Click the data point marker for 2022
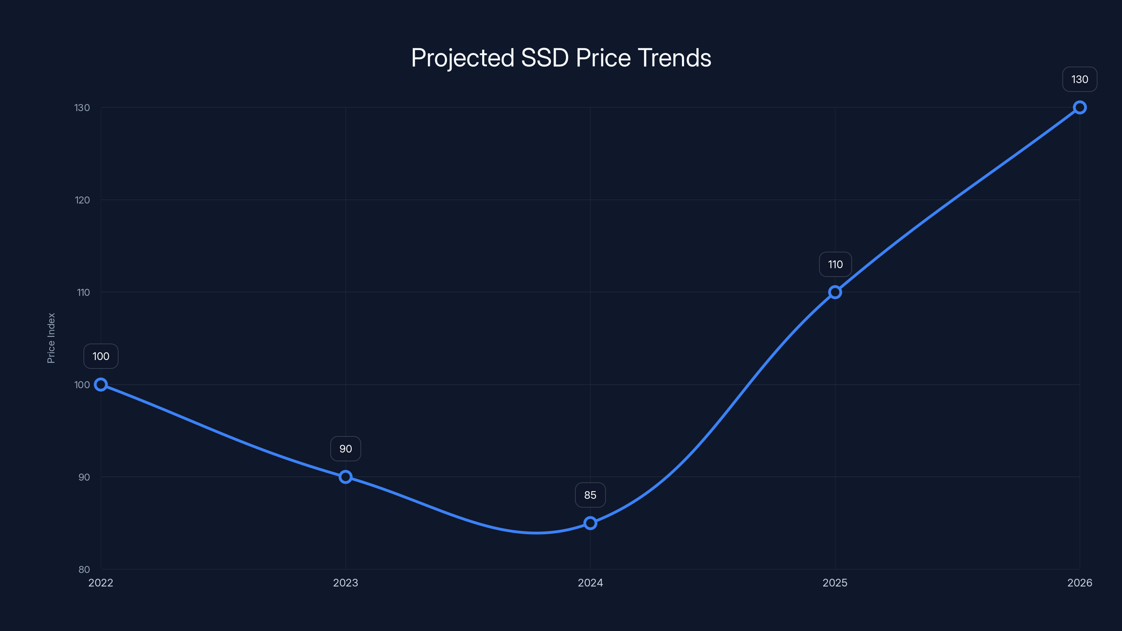pyautogui.click(x=101, y=385)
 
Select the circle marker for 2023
pyautogui.click(x=345, y=477)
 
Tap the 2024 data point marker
pyautogui.click(x=590, y=523)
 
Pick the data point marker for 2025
pyautogui.click(x=835, y=292)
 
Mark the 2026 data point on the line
pyautogui.click(x=1080, y=108)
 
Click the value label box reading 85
pyautogui.click(x=590, y=495)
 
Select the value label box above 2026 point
pyautogui.click(x=1080, y=79)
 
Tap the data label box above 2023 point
pyautogui.click(x=345, y=449)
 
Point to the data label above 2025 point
pyautogui.click(x=835, y=264)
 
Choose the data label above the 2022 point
pyautogui.click(x=101, y=356)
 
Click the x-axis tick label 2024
pyautogui.click(x=590, y=583)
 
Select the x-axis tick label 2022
pyautogui.click(x=101, y=583)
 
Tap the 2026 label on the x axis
pyautogui.click(x=1080, y=583)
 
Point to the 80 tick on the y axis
pyautogui.click(x=84, y=569)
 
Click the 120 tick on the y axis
pyautogui.click(x=82, y=200)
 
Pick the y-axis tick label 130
pyautogui.click(x=82, y=108)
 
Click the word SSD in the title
pyautogui.click(x=545, y=58)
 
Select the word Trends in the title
pyautogui.click(x=674, y=58)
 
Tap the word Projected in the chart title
pyautogui.click(x=462, y=58)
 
